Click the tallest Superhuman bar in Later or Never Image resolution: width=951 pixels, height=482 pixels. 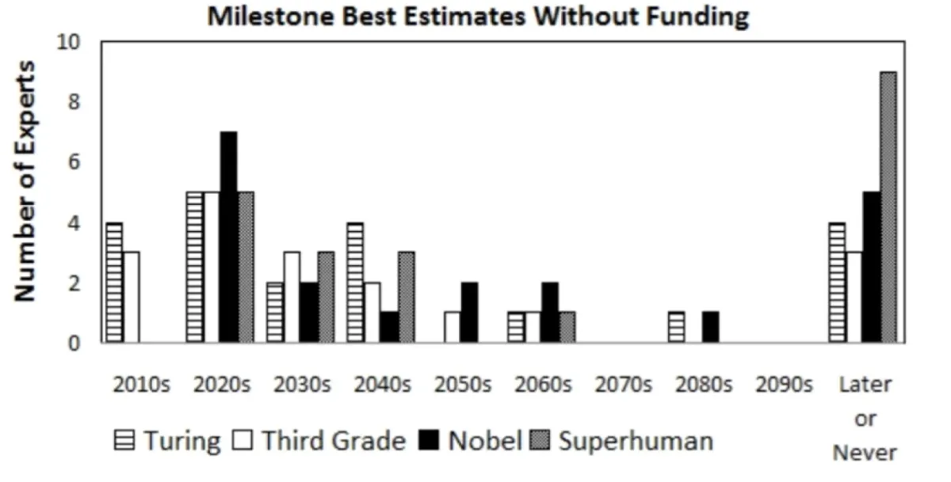coord(888,207)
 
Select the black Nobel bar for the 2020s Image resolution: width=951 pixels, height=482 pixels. coord(228,237)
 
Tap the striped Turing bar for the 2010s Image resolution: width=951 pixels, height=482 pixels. coord(114,283)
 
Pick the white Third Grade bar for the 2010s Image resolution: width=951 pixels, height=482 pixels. coord(131,298)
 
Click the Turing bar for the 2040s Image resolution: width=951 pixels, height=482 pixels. coord(355,283)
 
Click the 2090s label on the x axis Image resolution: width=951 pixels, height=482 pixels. coord(785,385)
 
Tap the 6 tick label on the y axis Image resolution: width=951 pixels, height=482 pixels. coord(73,162)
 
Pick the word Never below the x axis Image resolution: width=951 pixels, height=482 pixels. coord(865,454)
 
